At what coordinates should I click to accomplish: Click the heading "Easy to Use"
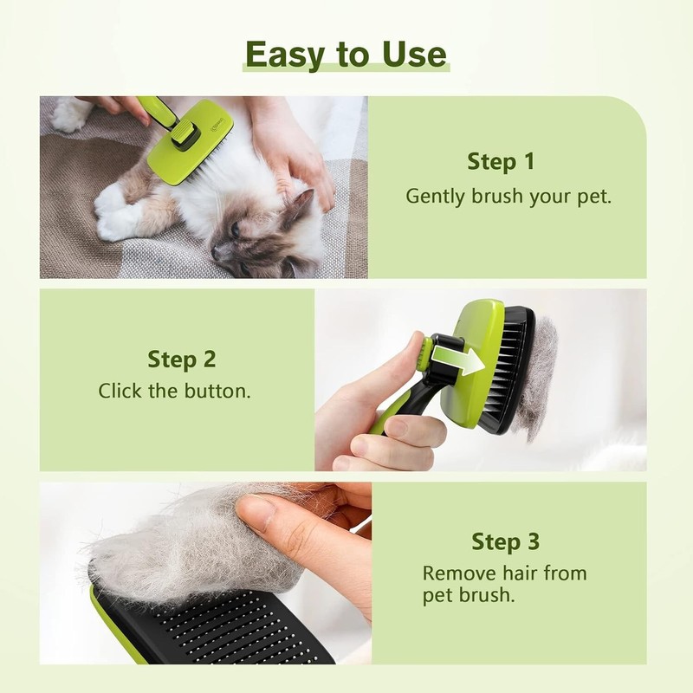click(346, 54)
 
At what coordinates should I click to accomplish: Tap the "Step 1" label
click(501, 161)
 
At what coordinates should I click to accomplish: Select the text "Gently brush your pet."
click(508, 196)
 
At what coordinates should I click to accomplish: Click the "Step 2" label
click(182, 359)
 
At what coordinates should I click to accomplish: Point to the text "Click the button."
click(174, 391)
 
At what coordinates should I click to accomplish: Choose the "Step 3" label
click(505, 542)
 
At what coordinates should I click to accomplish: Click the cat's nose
click(217, 252)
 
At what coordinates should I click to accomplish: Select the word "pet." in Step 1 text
click(596, 196)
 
